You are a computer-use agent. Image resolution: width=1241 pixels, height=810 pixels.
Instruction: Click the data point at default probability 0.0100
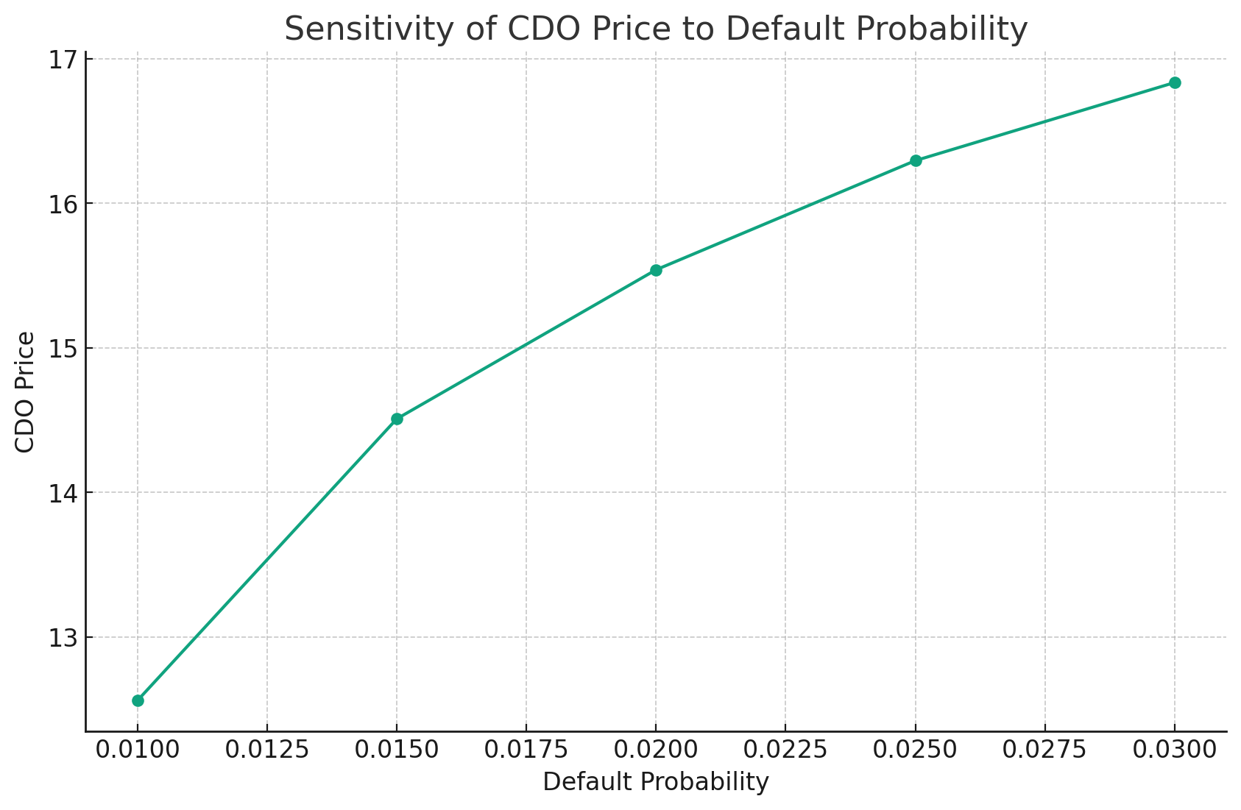(x=138, y=700)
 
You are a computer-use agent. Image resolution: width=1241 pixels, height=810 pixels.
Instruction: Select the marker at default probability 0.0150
(x=397, y=419)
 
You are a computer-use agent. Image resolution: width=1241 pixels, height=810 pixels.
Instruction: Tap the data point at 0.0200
(x=656, y=270)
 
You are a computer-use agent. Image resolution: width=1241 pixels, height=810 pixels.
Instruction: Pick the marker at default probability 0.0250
(x=916, y=160)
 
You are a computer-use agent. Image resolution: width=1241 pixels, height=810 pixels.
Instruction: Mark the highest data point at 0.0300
(x=1175, y=82)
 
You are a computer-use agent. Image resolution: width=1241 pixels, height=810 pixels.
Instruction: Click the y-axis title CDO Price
(x=25, y=392)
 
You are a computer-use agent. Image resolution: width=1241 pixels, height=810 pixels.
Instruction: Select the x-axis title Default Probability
(x=656, y=783)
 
